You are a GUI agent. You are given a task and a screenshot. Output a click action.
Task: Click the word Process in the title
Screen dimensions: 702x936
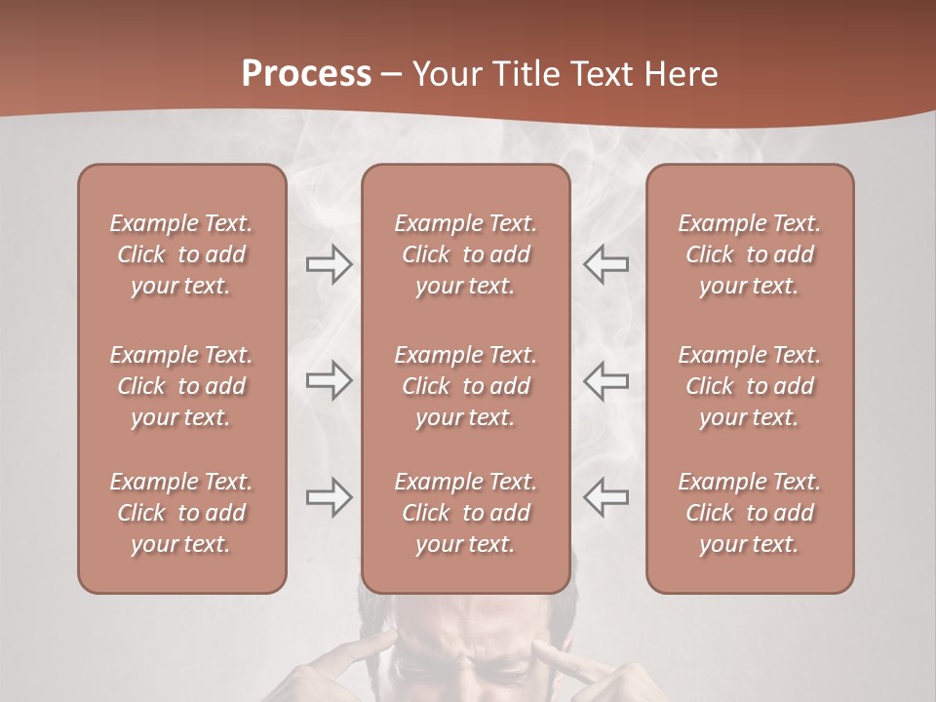[306, 74]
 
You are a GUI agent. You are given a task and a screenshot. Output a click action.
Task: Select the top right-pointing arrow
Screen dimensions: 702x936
[329, 264]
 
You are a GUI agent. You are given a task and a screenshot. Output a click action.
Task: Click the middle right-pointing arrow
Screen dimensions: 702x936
[329, 380]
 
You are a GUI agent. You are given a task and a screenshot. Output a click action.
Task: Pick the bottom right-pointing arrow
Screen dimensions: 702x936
[329, 497]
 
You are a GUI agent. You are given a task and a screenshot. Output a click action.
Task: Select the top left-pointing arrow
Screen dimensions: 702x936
[605, 264]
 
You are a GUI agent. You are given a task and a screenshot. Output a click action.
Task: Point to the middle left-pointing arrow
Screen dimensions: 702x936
[605, 380]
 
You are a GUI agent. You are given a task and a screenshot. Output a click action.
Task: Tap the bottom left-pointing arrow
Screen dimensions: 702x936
[605, 497]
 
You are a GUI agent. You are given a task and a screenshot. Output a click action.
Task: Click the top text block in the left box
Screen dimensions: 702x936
[181, 254]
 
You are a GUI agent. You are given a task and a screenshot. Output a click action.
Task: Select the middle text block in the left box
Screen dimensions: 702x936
[181, 386]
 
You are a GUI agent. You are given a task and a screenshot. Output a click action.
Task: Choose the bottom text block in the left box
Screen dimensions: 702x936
[181, 513]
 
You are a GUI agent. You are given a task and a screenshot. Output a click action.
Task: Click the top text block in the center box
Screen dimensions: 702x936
[466, 254]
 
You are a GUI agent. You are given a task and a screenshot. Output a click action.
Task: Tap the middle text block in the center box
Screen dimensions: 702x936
[466, 386]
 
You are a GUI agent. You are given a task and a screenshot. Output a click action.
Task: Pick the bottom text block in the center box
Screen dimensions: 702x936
[466, 513]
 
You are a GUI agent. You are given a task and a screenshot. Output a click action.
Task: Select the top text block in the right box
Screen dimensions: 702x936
[750, 254]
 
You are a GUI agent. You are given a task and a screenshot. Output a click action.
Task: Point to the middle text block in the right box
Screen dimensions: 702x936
[750, 386]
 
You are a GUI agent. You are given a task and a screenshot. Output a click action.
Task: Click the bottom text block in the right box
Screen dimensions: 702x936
[750, 513]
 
